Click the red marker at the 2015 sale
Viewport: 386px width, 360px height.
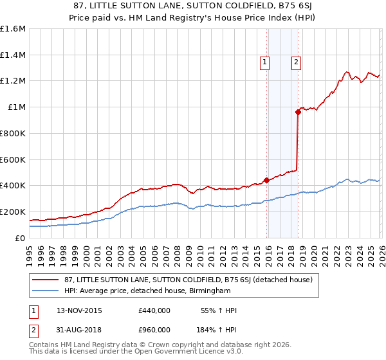coord(266,180)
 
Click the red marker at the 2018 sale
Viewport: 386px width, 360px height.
coord(298,112)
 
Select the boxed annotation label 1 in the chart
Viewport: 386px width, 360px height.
coord(264,62)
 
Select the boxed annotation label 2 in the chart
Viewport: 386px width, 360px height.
coord(295,62)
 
